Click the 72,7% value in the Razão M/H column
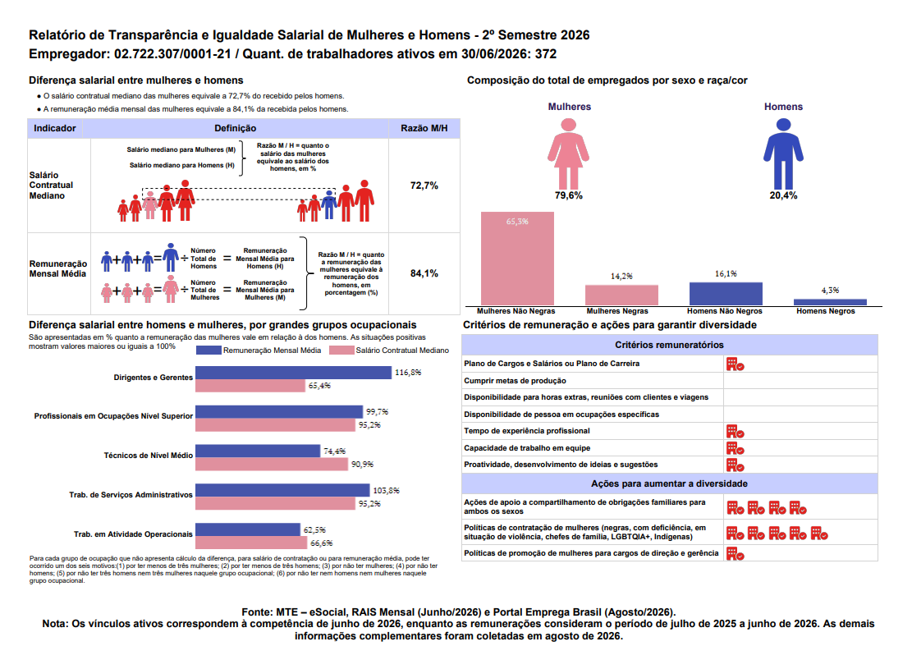[424, 186]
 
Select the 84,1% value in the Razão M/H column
[424, 273]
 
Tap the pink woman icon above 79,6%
[568, 153]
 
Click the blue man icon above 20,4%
[783, 153]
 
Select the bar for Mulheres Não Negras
[517, 259]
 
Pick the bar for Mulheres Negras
[621, 295]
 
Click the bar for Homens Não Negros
[726, 294]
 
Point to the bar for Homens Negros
[830, 302]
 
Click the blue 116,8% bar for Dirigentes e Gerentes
[293, 373]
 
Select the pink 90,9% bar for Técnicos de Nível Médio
[272, 464]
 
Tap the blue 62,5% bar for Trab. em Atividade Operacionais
[248, 529]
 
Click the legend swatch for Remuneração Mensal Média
[209, 350]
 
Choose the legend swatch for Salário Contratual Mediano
[341, 350]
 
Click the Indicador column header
[55, 128]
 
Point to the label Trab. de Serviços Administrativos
[131, 495]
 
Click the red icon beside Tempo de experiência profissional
[736, 432]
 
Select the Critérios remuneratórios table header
[670, 345]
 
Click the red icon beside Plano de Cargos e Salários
[736, 364]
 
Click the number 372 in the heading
[546, 54]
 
